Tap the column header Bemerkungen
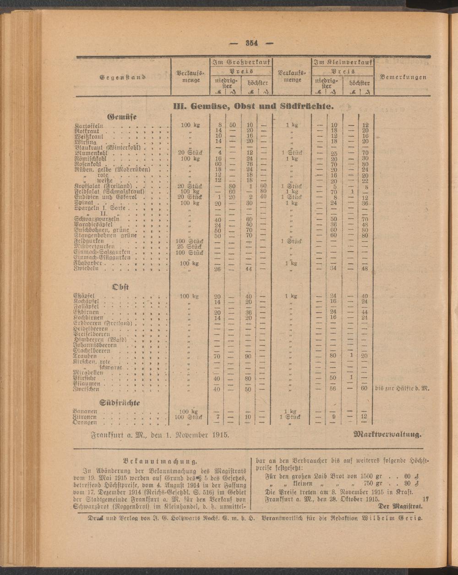(403, 77)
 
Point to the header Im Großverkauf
(241, 62)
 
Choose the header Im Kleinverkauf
(343, 62)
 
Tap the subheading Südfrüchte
(120, 402)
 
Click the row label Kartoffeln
(90, 125)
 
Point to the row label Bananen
(85, 411)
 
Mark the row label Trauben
(85, 356)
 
